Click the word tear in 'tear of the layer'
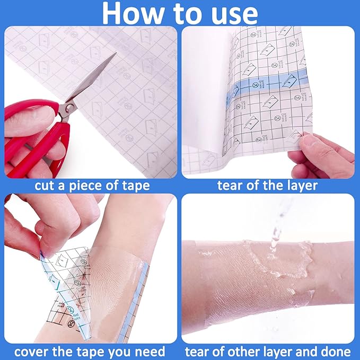pos(230,186)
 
